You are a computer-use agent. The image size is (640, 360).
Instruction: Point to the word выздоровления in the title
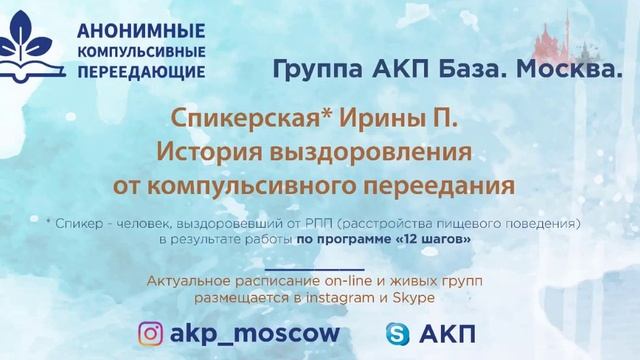pyautogui.click(x=372, y=155)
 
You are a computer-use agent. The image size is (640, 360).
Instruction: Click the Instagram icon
pyautogui.click(x=151, y=333)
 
